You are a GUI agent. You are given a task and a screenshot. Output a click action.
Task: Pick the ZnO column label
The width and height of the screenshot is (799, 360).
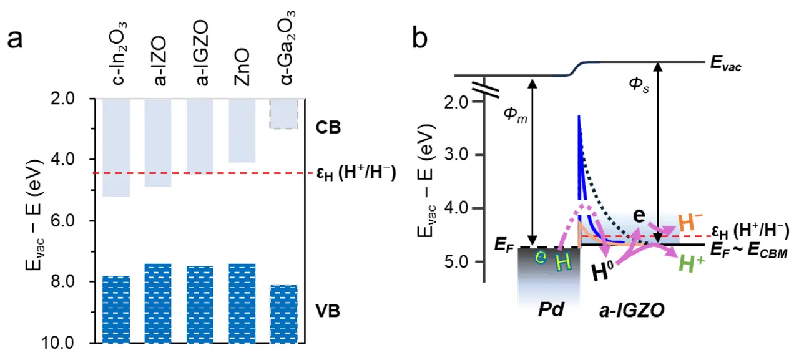click(242, 64)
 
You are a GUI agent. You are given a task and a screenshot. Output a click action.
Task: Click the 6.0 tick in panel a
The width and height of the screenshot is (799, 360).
click(76, 221)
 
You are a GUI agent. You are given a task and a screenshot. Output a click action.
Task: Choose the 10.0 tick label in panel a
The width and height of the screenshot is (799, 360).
click(73, 343)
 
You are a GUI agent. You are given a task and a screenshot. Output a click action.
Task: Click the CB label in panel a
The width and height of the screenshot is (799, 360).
click(328, 129)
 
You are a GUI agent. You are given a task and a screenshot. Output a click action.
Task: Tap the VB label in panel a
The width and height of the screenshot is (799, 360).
click(328, 309)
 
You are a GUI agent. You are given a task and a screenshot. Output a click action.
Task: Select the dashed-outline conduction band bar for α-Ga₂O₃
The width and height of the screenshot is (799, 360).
click(284, 114)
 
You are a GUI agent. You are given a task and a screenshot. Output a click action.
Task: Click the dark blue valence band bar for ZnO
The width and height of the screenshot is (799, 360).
click(242, 303)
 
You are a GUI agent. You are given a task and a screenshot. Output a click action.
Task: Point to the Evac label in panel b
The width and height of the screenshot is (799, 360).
click(726, 65)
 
